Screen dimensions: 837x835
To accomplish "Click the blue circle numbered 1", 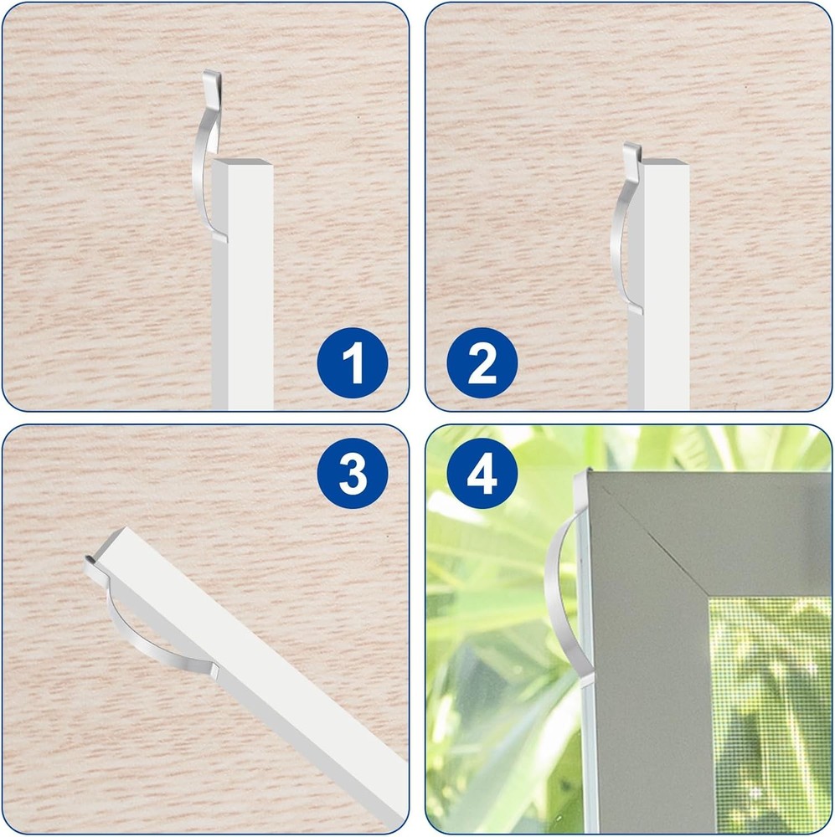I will [353, 366].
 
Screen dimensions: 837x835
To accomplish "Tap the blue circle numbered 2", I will [482, 366].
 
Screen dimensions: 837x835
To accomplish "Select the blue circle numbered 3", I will [353, 475].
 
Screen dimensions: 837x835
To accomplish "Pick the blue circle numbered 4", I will [482, 475].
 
